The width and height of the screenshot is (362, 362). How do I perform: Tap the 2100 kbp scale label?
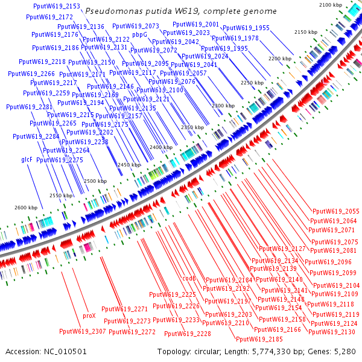(331, 5)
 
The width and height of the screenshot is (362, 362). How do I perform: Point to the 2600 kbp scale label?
(26, 208)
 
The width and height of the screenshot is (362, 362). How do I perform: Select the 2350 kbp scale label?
(192, 127)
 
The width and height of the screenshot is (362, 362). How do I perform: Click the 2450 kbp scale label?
(129, 165)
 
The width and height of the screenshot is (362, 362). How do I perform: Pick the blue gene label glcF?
(27, 160)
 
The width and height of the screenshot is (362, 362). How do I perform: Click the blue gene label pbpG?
(140, 35)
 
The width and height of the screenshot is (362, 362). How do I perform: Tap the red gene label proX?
(89, 316)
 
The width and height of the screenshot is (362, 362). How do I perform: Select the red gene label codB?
(189, 278)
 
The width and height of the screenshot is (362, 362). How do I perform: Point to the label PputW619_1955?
(246, 28)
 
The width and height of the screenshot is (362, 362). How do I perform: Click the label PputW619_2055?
(336, 211)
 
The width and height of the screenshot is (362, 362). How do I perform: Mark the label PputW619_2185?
(276, 339)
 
